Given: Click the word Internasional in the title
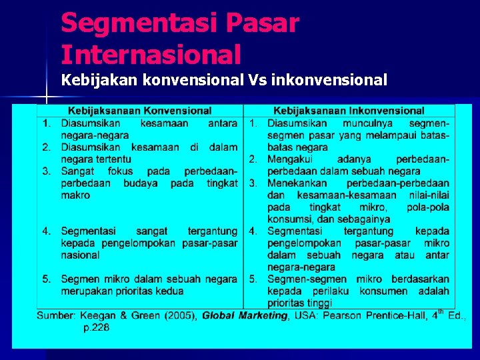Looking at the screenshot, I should point(151,53).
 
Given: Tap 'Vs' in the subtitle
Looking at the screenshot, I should point(257,81).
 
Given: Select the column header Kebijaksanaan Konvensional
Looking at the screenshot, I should point(139,111).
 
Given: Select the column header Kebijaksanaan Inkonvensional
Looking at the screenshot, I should point(349,111).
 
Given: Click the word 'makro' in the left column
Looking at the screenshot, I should point(75,195).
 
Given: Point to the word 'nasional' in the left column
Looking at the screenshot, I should point(81,255).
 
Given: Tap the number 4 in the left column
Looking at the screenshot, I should point(46,231).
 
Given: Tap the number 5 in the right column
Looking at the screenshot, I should point(253,279).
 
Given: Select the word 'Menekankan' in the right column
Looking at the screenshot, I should point(297,183).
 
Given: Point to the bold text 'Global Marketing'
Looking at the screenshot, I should point(244,316).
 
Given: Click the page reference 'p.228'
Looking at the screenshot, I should point(96,327).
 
